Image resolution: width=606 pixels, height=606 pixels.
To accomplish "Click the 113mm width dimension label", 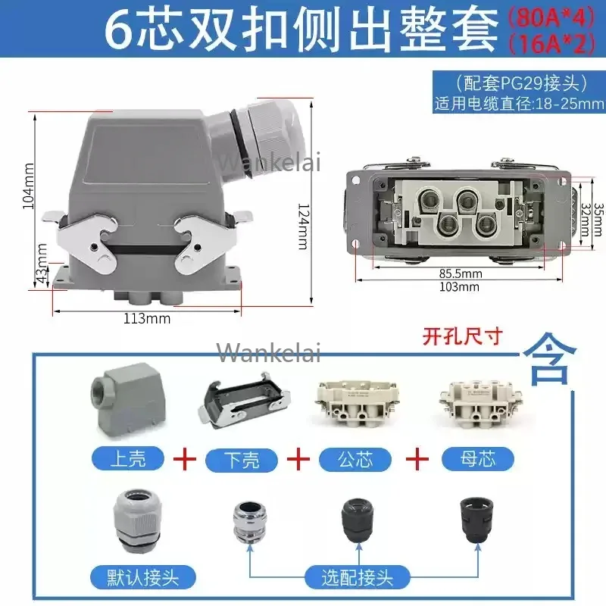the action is pos(147,318).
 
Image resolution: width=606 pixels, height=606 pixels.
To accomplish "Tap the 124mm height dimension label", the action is pos(305,226).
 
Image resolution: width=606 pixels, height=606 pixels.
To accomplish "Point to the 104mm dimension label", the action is pos(29,186).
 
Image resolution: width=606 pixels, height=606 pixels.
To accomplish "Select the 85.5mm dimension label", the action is pos(461,273).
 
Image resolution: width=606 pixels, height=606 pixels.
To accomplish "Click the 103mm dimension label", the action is pos(459,287).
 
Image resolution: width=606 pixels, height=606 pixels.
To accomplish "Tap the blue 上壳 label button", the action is pos(128,458).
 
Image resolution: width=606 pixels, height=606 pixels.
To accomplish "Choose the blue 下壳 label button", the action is pos(242,460).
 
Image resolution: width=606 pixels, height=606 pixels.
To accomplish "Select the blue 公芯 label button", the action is pos(355,460).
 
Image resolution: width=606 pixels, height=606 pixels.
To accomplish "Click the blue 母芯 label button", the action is pos(478,459).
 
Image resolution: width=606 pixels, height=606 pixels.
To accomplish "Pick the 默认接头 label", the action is pos(143,578).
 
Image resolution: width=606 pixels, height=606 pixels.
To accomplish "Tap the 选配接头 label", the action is pos(357,578).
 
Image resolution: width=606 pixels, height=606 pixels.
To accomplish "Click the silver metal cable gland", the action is pos(250,521).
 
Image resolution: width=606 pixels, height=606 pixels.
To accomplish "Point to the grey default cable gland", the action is pos(137,520).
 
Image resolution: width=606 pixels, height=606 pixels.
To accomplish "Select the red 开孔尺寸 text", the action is pos(462,336).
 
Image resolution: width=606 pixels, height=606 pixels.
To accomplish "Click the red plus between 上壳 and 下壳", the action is pos(184,459).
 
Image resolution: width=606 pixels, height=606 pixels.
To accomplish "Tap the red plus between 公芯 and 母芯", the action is pos(417,459).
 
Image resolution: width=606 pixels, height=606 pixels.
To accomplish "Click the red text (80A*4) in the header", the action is pos(551,18).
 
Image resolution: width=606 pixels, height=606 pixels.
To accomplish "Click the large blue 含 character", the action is pos(549,359).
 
